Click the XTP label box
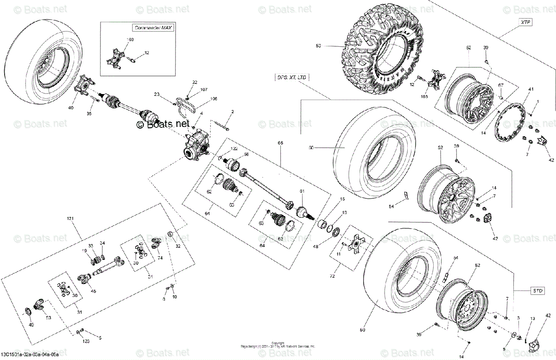pyautogui.click(x=525, y=22)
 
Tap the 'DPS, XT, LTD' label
pyautogui.click(x=291, y=77)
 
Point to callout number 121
pyautogui.click(x=70, y=218)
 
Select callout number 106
pyautogui.click(x=201, y=99)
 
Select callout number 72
pyautogui.click(x=332, y=276)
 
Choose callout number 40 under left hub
pyautogui.click(x=71, y=108)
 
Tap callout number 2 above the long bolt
pyautogui.click(x=232, y=112)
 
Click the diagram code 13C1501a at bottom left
pyautogui.click(x=29, y=354)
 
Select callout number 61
pyautogui.click(x=302, y=191)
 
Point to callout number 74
pyautogui.click(x=160, y=258)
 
